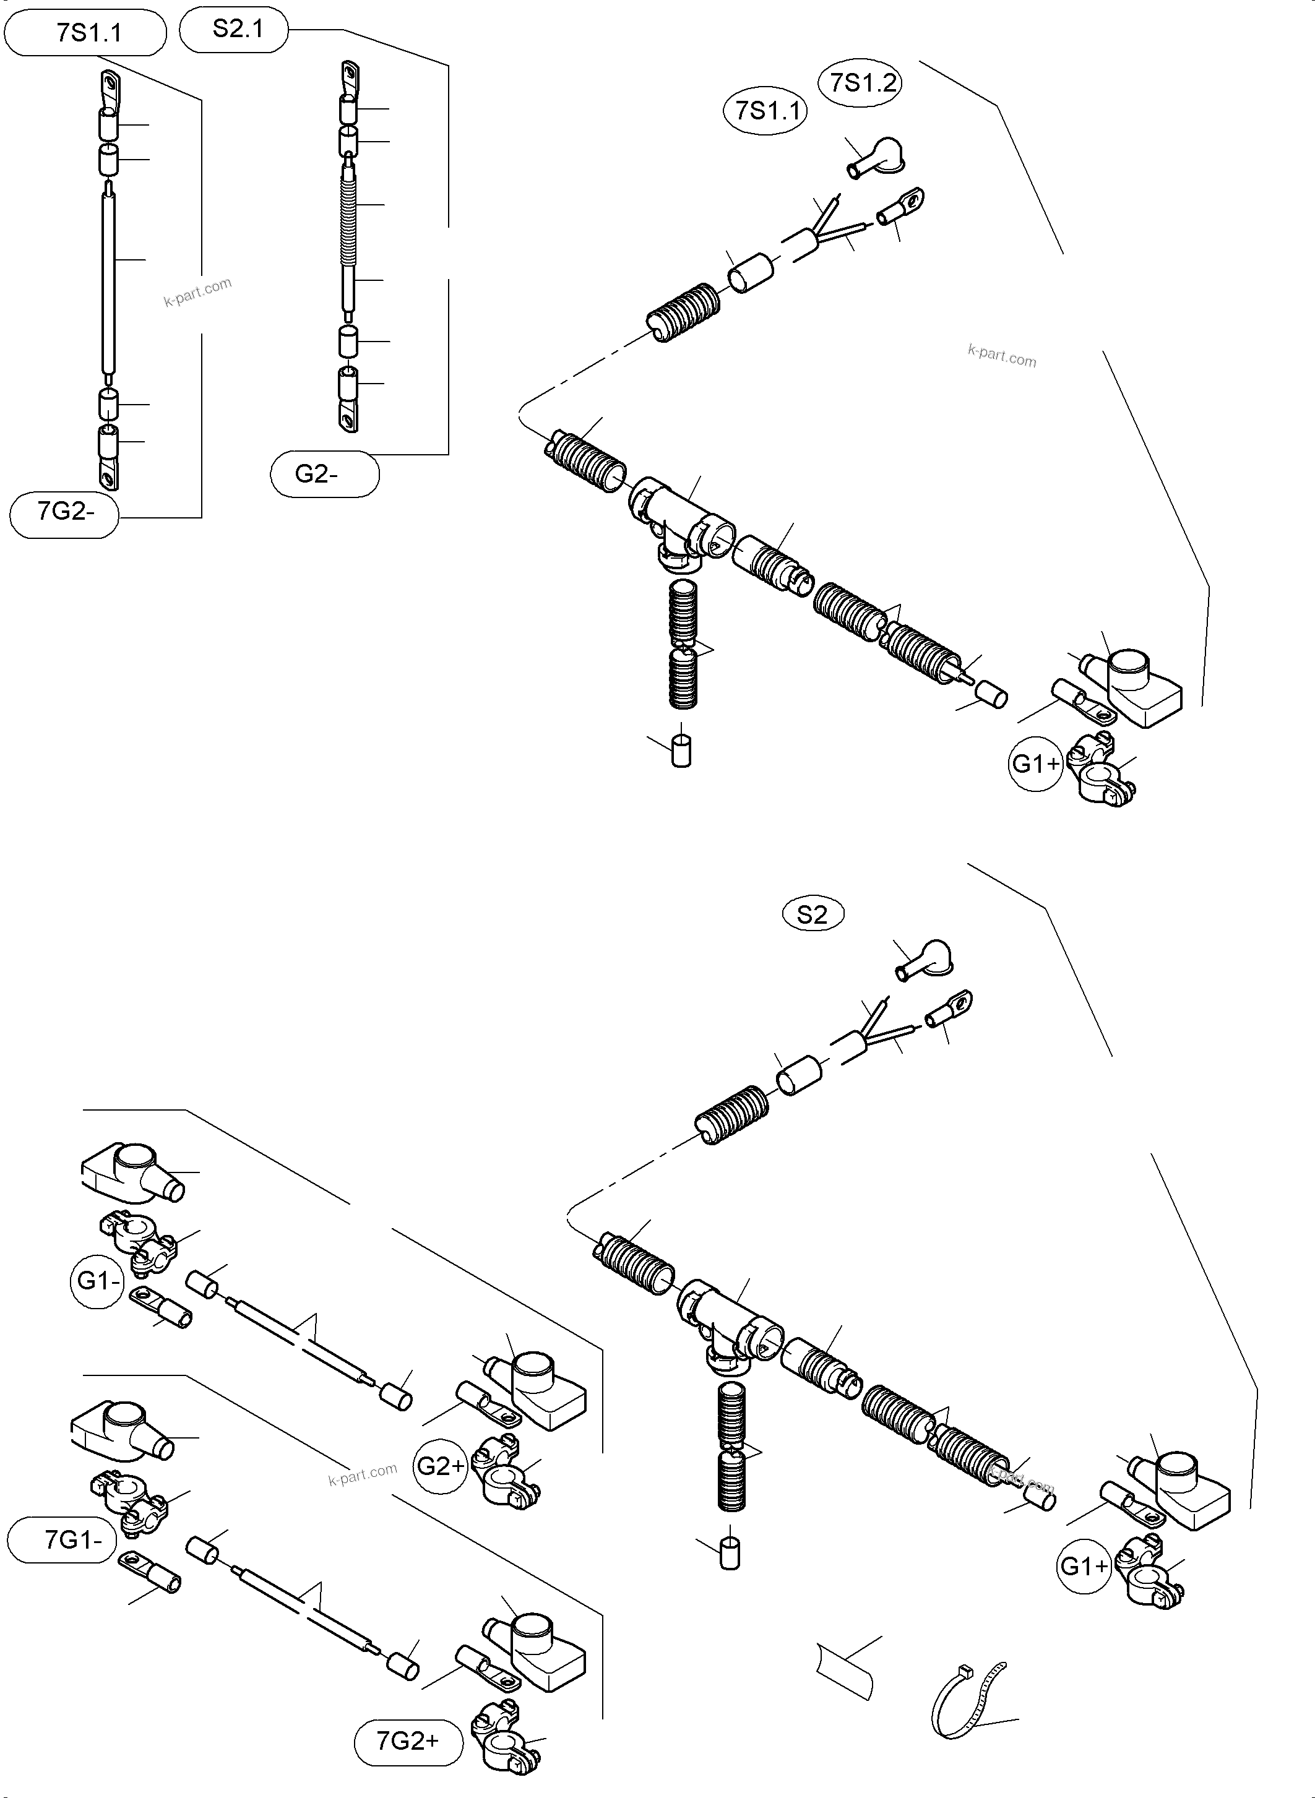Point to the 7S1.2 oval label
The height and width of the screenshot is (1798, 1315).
tap(863, 83)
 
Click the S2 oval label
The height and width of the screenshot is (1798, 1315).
tap(812, 914)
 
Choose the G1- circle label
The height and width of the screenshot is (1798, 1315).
tap(99, 1281)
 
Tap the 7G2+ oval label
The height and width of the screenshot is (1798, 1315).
tap(408, 1742)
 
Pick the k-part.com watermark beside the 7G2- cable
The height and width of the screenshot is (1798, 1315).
tap(197, 291)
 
